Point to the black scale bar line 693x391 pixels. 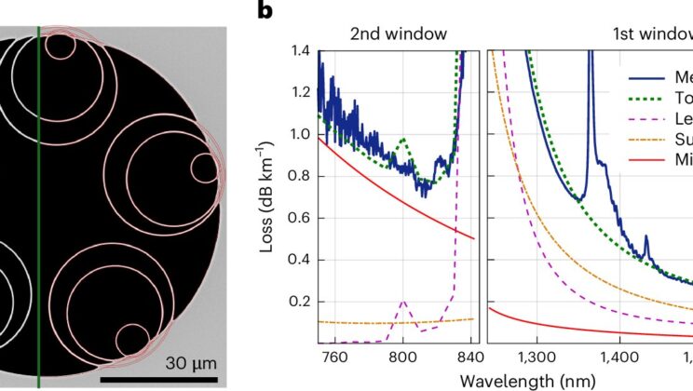(158, 379)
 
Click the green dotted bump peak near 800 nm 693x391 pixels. (402, 139)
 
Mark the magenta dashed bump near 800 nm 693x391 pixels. (402, 302)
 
